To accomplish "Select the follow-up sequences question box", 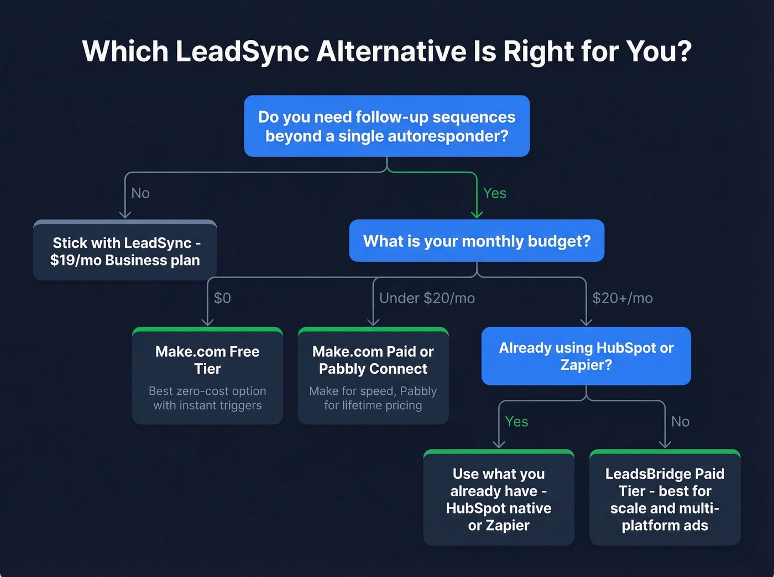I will [387, 126].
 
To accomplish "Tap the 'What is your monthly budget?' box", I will [477, 241].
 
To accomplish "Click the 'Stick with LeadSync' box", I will [125, 251].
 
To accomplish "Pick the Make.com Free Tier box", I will [207, 376].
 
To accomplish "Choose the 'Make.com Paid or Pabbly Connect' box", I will [373, 376].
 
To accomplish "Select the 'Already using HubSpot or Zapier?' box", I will [586, 356].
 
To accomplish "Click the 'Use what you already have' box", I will [499, 499].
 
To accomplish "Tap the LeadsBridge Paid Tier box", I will [665, 499].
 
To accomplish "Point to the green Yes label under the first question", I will [494, 193].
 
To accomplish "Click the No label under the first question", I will [140, 193].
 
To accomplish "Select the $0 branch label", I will [222, 298].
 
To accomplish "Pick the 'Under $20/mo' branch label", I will [427, 298].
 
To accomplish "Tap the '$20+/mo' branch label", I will [623, 298].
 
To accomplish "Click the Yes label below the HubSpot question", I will [516, 422].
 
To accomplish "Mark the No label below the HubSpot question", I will [680, 422].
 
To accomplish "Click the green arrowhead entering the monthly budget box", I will [477, 214].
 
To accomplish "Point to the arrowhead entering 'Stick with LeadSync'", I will [125, 214].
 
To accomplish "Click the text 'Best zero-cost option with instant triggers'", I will [207, 398].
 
